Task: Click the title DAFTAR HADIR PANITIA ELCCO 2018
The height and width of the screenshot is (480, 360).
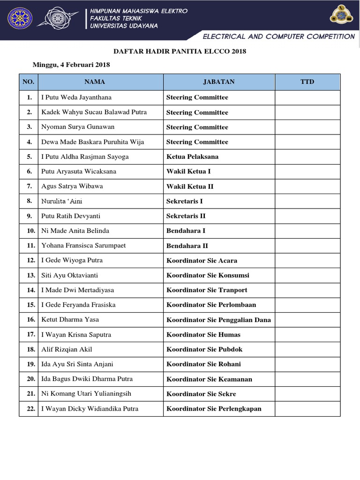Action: pos(180,51)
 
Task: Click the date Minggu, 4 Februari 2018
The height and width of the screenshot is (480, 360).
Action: pos(71,65)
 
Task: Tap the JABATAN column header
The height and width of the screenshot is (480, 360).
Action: pos(219,82)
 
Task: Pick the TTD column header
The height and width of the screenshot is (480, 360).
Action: pos(307,82)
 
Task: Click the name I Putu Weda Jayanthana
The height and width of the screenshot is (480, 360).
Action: pos(76,97)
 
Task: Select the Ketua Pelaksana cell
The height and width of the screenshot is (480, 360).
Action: pos(192,157)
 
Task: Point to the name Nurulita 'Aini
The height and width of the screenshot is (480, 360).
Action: pos(62,201)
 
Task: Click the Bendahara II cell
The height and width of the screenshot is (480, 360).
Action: pos(187,246)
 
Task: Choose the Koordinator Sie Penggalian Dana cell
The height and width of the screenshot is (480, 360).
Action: pos(218,320)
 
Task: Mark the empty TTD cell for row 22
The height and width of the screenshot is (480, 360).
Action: pos(307,409)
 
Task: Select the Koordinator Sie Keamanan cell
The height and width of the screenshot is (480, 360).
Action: pos(209,379)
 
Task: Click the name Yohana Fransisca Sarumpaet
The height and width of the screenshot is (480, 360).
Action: pos(83,246)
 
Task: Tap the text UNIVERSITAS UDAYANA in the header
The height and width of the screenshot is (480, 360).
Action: pos(124,26)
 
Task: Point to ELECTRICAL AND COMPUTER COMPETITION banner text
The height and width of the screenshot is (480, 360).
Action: pos(278,37)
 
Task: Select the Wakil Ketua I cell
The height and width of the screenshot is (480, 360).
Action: pos(188,172)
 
